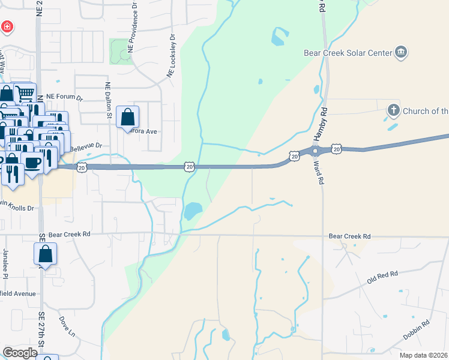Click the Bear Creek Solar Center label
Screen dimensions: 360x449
pyautogui.click(x=348, y=53)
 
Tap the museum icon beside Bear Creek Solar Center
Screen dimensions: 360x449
pyautogui.click(x=401, y=53)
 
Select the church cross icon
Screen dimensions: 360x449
pyautogui.click(x=393, y=110)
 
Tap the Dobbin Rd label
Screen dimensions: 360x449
pyautogui.click(x=417, y=331)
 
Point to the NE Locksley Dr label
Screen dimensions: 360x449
pyautogui.click(x=172, y=56)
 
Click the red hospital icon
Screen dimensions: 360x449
pyautogui.click(x=7, y=27)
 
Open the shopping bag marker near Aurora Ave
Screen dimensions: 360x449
pyautogui.click(x=128, y=117)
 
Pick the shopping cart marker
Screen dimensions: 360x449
pyautogui.click(x=23, y=94)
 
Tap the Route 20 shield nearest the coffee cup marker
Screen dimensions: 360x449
pyautogui.click(x=82, y=167)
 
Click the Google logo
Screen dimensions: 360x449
pyautogui.click(x=20, y=353)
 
